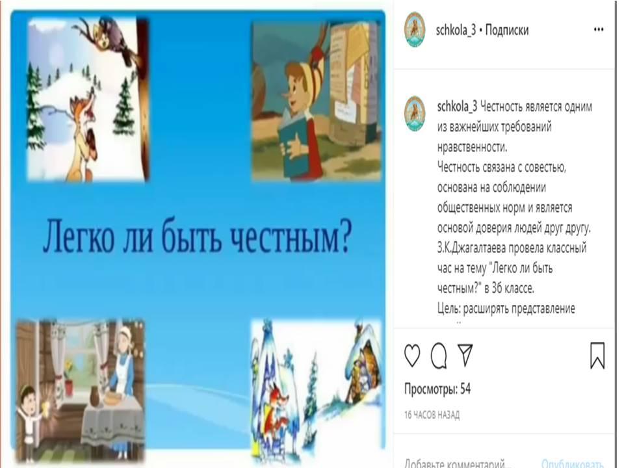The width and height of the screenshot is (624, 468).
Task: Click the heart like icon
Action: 412,356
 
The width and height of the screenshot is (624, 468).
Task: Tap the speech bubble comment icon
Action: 439,356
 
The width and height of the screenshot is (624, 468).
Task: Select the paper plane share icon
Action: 465,355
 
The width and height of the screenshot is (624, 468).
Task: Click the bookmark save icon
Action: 597,356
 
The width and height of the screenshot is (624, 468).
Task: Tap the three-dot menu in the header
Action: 599,30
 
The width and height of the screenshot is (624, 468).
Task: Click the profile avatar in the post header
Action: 415,29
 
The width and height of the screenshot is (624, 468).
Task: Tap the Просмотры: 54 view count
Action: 437,389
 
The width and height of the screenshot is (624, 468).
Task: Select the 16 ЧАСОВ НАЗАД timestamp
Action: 432,415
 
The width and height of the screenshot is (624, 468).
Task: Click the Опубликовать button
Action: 572,463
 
